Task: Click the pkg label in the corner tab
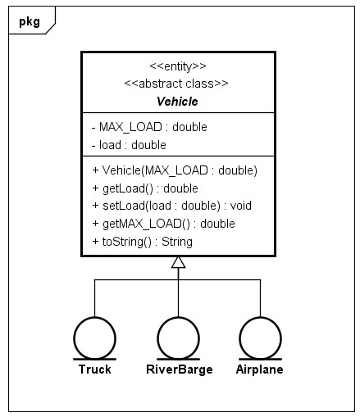(x=30, y=22)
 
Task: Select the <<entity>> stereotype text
(x=178, y=66)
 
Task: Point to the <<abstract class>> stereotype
(x=176, y=84)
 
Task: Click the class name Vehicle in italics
(x=177, y=102)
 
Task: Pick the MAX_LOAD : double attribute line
(x=149, y=127)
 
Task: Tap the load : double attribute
(x=129, y=145)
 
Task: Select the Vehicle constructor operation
(x=175, y=170)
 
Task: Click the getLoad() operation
(x=145, y=188)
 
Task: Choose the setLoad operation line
(x=172, y=206)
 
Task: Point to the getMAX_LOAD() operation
(x=163, y=224)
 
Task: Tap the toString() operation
(x=143, y=242)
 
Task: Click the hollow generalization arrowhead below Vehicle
(x=178, y=262)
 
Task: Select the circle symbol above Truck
(x=94, y=338)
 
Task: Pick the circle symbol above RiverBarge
(x=178, y=338)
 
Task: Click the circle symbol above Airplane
(x=260, y=338)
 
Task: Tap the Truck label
(x=95, y=369)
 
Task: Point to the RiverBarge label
(x=180, y=369)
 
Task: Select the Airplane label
(x=259, y=369)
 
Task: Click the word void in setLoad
(x=241, y=206)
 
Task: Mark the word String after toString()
(x=177, y=242)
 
